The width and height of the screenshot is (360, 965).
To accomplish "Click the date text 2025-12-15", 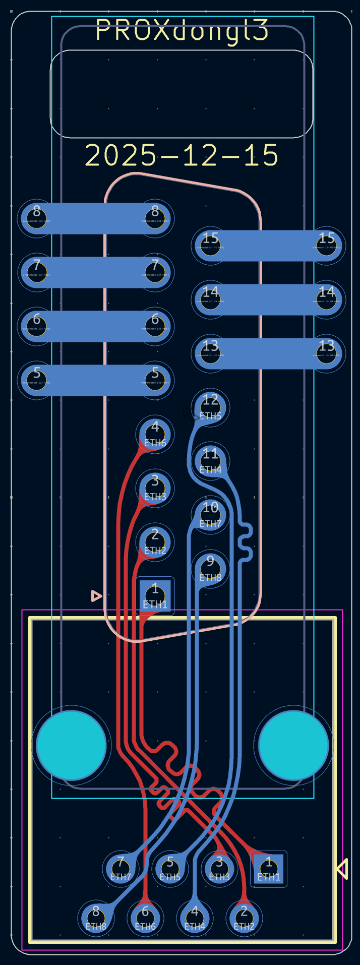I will point(182,155).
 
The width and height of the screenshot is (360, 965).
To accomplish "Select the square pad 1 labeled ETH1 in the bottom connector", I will point(269,869).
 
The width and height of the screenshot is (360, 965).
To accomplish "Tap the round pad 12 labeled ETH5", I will point(210,406).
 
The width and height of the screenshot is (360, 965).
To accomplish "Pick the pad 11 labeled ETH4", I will point(210,460).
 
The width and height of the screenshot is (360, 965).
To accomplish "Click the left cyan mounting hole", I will point(72,745).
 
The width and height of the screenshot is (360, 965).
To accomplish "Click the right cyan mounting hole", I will point(293,745).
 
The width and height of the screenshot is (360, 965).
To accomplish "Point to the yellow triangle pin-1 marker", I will point(342,869).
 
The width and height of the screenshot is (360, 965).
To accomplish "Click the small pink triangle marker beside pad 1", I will point(96,596).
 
